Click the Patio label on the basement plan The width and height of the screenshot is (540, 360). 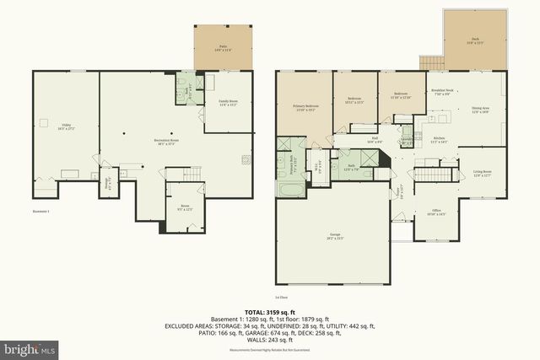[224, 48]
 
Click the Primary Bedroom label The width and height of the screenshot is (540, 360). [304, 108]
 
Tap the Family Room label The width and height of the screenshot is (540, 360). [229, 103]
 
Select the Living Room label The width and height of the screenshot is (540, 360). [483, 175]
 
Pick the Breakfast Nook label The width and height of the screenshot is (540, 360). [443, 93]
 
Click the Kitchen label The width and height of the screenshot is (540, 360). [440, 140]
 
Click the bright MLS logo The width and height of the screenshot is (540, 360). [30, 347]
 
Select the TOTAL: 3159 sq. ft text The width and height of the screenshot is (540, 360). [270, 312]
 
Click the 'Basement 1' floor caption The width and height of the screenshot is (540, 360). [41, 210]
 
